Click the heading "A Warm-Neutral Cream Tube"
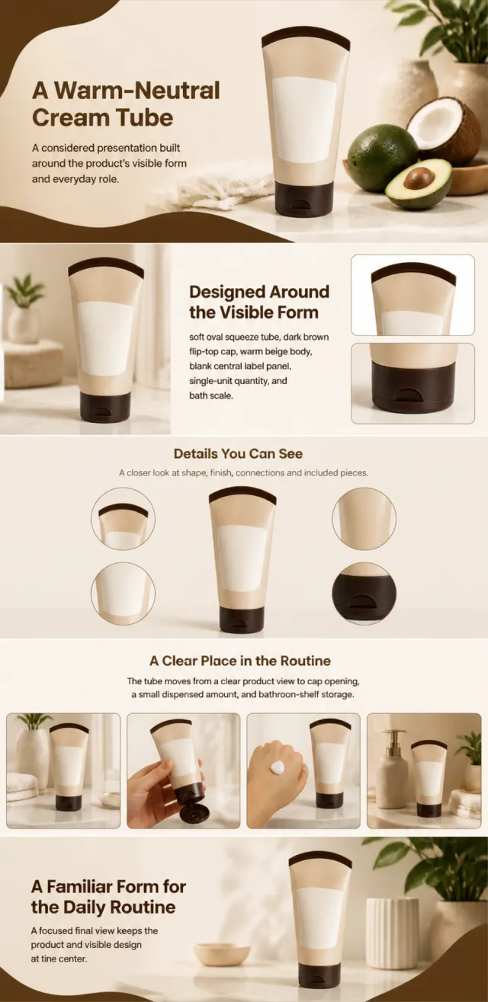126,104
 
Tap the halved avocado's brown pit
419,178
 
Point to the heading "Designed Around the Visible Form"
259,302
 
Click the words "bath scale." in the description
211,395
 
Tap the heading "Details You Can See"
238,453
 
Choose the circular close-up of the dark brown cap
364,592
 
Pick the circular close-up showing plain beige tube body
364,518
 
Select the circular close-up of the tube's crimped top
123,519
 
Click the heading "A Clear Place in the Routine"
240,661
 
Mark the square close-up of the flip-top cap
413,383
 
